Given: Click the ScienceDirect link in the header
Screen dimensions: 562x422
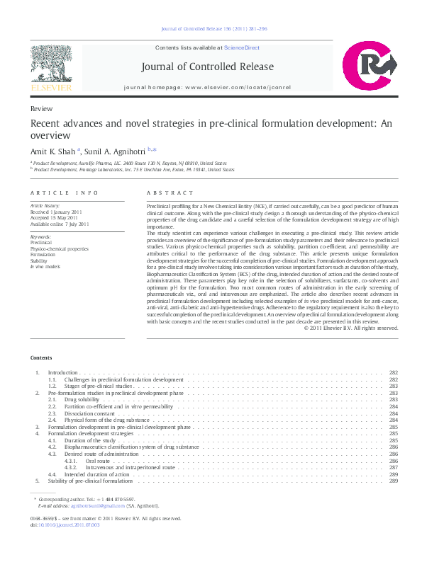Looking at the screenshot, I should [241, 48].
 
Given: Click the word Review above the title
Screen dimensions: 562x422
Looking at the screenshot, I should [40, 110].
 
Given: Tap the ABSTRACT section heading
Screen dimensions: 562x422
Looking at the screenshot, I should [170, 193].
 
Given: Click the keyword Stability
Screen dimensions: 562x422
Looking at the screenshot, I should [40, 260].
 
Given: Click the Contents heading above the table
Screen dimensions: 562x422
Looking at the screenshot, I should [41, 357].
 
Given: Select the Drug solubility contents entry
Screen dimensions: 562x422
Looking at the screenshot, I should [81, 399].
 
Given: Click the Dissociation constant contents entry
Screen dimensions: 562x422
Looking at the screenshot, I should [89, 413].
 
